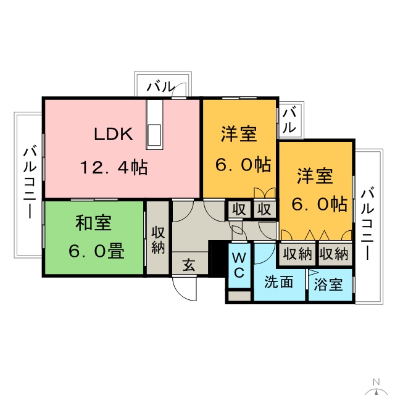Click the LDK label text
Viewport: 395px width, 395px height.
point(114,134)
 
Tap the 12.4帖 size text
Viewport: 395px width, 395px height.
point(114,167)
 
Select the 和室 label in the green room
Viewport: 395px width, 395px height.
point(93,222)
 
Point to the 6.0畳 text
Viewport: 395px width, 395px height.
point(96,251)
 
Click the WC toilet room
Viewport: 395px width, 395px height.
point(239,265)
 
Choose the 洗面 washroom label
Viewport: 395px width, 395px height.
point(278,281)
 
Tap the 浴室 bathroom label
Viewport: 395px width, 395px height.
point(328,285)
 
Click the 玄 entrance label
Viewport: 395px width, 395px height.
point(189,265)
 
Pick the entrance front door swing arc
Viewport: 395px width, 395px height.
point(185,289)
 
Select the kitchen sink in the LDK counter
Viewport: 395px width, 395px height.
point(154,135)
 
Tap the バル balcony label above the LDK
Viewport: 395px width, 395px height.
point(161,86)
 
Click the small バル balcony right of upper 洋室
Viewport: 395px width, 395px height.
point(290,120)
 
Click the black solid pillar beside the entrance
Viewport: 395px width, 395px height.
point(217,259)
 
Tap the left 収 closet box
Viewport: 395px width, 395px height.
point(239,209)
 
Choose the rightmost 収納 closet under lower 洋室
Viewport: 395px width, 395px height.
point(335,254)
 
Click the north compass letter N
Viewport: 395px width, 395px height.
point(376,382)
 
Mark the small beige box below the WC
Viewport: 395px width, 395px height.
point(239,296)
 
